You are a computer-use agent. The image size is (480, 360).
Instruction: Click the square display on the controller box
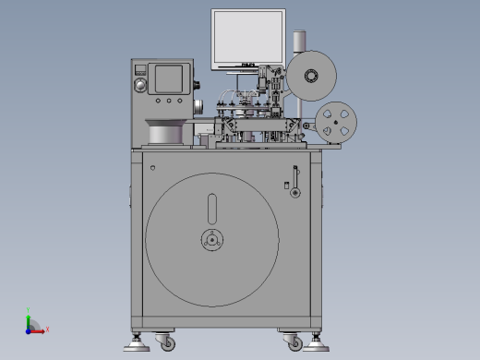[168, 78]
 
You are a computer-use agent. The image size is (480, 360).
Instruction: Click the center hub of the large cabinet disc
[211, 241]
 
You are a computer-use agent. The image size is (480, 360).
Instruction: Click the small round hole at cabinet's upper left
[152, 167]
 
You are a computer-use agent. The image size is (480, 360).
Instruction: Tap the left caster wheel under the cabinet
[166, 342]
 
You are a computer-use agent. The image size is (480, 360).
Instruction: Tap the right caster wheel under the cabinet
[294, 342]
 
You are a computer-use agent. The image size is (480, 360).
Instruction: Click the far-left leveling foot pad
[138, 347]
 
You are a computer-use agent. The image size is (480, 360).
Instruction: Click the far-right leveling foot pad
[319, 347]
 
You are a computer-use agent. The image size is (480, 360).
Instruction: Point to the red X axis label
[47, 329]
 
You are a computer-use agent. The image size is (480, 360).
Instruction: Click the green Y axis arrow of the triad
[29, 318]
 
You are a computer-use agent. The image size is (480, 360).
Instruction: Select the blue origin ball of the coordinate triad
[29, 330]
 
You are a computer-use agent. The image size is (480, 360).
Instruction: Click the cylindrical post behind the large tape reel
[298, 42]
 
